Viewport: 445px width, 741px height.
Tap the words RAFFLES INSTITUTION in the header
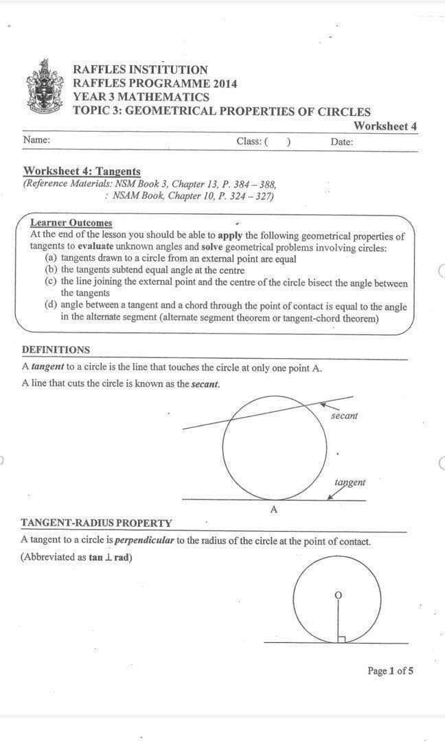click(x=140, y=70)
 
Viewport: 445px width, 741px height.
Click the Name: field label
click(x=36, y=140)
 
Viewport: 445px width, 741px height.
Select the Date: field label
click(x=341, y=142)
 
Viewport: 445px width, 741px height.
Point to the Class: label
click(x=249, y=141)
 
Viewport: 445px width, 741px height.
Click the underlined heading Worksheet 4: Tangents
click(x=82, y=171)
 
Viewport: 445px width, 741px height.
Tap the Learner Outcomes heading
click(x=71, y=222)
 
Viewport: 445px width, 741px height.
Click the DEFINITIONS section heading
click(x=56, y=350)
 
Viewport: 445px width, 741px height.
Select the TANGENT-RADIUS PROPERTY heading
click(x=96, y=523)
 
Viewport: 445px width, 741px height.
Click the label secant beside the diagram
click(x=344, y=416)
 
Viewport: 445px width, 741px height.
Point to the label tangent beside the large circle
click(x=350, y=482)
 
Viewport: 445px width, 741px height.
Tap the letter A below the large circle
click(x=273, y=510)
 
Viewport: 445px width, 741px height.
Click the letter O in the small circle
click(x=337, y=593)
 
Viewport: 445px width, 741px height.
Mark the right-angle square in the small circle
click(x=341, y=639)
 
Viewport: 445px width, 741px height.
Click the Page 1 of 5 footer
click(x=390, y=671)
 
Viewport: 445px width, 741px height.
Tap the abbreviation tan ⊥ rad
click(x=110, y=557)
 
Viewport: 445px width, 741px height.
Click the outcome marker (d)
click(x=51, y=306)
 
